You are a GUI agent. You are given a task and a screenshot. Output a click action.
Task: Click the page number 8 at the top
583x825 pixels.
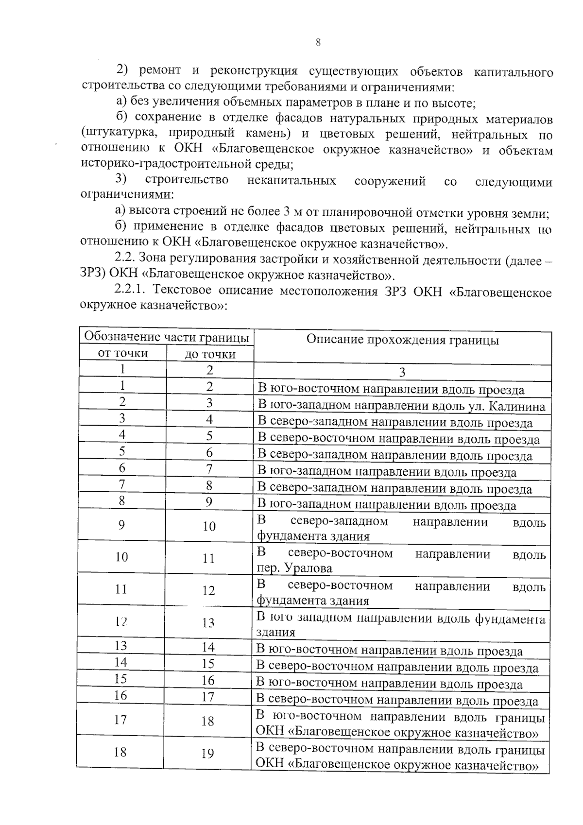(318, 43)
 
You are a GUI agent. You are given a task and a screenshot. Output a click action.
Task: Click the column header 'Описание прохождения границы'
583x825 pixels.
(402, 340)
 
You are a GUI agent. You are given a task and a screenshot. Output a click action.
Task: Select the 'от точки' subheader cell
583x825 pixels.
(122, 353)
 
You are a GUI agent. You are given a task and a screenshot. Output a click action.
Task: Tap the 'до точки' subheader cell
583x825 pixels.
(210, 354)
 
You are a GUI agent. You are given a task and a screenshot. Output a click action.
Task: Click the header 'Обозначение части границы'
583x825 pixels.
(167, 337)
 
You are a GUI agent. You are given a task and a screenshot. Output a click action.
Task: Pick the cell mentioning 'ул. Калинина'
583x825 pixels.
(401, 406)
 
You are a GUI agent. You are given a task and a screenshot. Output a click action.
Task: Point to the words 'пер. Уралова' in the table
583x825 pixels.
(294, 568)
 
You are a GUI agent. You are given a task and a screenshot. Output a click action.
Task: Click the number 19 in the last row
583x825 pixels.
(207, 754)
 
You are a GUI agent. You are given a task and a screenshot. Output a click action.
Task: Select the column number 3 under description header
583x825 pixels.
(402, 373)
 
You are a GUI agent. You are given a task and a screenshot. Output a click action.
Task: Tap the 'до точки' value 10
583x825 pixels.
(209, 526)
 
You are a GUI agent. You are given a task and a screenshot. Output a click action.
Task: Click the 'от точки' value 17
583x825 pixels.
(120, 720)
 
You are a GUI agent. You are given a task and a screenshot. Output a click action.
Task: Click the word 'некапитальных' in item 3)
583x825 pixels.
(291, 181)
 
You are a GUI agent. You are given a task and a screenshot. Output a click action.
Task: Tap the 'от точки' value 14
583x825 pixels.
(120, 662)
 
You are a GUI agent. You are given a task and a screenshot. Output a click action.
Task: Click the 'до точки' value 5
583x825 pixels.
(209, 436)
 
